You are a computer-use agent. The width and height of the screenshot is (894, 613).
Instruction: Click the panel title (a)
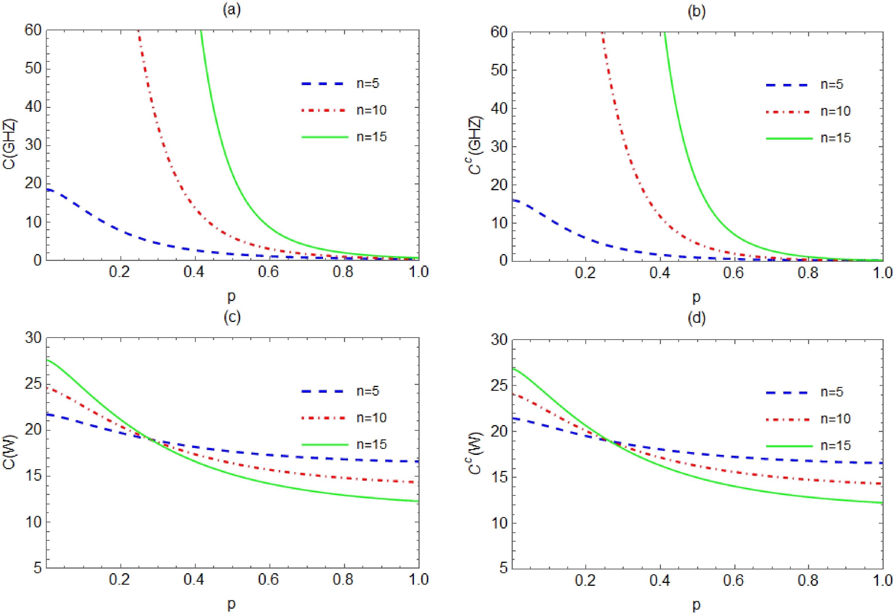pos(232,10)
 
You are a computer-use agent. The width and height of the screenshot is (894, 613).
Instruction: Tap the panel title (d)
pos(696,319)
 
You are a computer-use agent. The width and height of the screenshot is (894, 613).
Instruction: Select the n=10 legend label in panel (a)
pos(371,110)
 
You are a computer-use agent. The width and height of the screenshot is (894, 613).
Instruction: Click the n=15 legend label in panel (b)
pos(836,138)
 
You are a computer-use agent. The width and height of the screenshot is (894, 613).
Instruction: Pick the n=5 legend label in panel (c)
pos(368,391)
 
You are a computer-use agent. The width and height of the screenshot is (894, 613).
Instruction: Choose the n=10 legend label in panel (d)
pos(836,419)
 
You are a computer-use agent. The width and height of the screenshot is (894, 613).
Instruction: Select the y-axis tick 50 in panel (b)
pos(499,70)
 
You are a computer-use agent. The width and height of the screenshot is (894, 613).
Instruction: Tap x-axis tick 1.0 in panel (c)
pos(418,579)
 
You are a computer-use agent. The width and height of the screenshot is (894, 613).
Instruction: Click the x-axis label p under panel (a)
pos(232,296)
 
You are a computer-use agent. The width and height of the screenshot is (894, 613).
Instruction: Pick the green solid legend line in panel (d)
pos(789,446)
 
